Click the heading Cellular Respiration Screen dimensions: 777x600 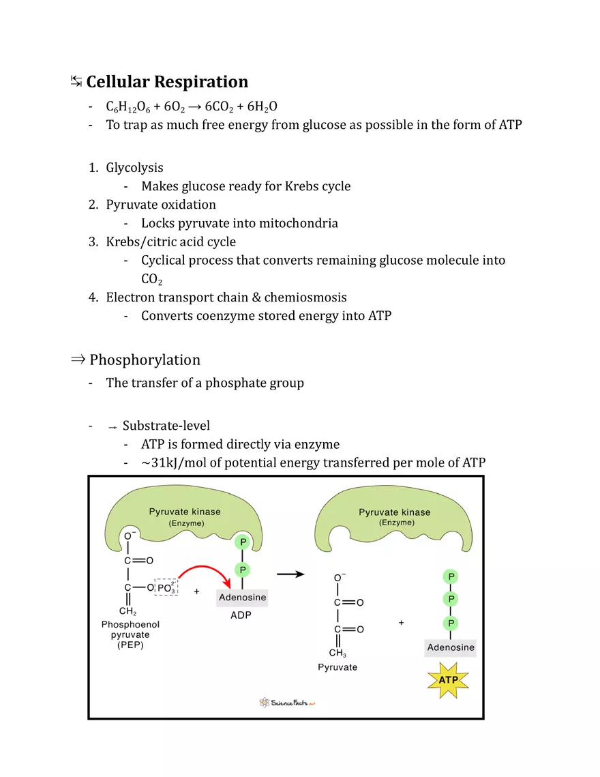167,82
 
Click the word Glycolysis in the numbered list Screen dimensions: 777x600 134,168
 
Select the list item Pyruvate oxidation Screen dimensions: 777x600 161,205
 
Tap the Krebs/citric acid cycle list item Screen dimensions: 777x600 170,241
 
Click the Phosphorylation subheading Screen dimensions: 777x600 145,360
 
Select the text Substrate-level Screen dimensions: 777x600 166,426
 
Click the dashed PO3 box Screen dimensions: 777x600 166,587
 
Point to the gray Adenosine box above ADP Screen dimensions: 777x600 242,598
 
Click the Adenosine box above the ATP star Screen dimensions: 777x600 450,647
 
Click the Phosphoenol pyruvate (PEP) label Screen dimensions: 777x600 131,634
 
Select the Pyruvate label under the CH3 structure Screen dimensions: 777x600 337,667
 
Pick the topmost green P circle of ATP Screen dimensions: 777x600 450,576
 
